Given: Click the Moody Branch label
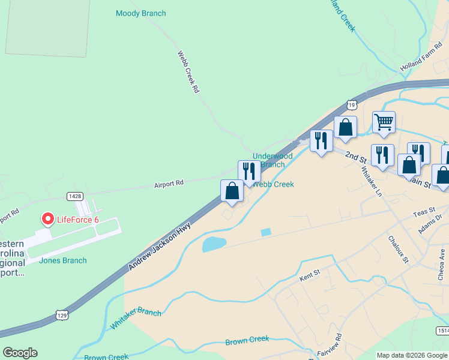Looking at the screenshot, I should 140,13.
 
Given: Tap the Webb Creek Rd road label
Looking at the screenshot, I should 188,72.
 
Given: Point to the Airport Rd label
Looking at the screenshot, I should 168,184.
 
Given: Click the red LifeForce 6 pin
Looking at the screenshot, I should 47,220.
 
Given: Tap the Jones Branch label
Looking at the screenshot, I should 62,260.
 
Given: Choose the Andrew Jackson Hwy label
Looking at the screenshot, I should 159,245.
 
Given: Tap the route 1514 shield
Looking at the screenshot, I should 442,331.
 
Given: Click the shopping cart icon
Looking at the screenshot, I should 384,122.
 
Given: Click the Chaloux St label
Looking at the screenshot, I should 397,249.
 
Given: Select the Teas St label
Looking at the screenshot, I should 423,214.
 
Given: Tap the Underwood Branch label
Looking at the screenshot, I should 273,160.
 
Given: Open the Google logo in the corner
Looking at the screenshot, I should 20,353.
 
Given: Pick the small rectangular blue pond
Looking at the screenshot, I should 266,232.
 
